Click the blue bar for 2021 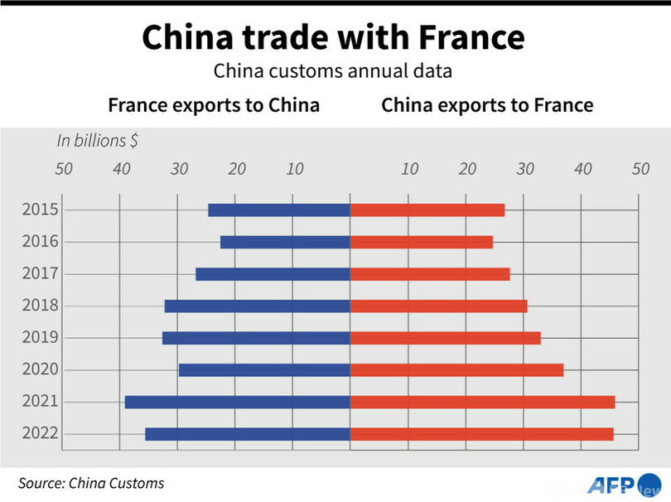[x=237, y=402]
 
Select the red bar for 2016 [x=421, y=242]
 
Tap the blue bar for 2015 [x=278, y=210]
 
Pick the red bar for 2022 [x=481, y=434]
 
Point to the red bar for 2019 [x=445, y=338]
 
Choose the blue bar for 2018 [x=257, y=306]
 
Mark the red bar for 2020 [x=456, y=370]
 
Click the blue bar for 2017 [x=273, y=274]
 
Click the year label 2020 [x=40, y=369]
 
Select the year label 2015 [x=40, y=210]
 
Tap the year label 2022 [x=40, y=433]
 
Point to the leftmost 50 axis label [x=64, y=169]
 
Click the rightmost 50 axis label [x=640, y=169]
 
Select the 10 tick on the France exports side [x=295, y=169]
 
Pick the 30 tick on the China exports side [x=525, y=169]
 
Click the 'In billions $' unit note [x=97, y=140]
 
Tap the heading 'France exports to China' [x=214, y=105]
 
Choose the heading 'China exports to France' [x=487, y=105]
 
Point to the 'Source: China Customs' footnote [x=92, y=483]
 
